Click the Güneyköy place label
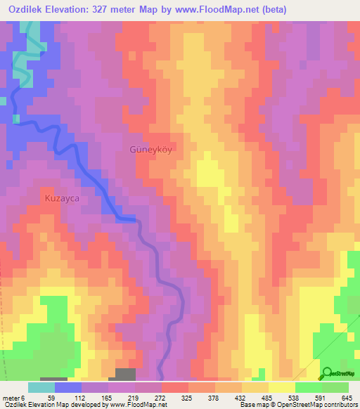(x=150, y=150)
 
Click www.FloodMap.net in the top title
(x=230, y=9)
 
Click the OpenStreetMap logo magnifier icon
(x=327, y=372)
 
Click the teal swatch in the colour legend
(x=41, y=387)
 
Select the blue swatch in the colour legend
(x=68, y=387)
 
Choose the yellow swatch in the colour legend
(x=282, y=387)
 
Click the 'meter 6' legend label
(x=13, y=397)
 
